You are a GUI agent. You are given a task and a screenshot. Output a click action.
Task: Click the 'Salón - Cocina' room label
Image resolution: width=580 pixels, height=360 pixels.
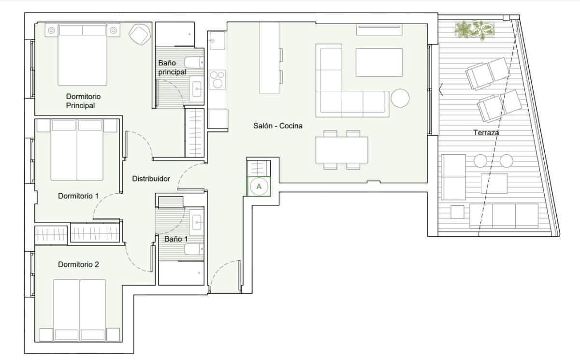point(278,126)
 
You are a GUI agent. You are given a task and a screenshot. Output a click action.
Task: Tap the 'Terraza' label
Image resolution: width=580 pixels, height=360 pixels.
point(486,132)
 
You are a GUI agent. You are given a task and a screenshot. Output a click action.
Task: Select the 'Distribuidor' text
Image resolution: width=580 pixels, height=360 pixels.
point(151,179)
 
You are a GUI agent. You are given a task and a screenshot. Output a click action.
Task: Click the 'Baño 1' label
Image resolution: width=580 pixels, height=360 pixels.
point(176,239)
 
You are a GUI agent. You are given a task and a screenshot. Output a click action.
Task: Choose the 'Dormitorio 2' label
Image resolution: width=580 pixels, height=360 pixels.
point(78,264)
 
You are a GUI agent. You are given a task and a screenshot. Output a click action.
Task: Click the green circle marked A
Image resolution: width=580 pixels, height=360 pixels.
point(259,186)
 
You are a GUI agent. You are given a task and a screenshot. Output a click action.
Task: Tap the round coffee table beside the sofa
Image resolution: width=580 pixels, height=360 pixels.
point(400,98)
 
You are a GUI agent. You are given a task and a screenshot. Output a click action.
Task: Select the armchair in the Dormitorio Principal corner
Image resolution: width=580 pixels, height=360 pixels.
point(139,35)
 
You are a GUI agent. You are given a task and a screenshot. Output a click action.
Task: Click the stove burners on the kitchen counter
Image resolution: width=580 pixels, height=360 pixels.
point(217,79)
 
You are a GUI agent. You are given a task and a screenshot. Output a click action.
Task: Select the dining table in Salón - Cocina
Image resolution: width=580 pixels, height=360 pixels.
point(342,150)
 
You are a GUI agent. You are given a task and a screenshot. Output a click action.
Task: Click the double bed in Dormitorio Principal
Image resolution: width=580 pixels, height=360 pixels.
point(83,55)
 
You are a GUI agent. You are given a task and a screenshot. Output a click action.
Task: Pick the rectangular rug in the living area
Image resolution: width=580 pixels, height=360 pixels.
point(379,62)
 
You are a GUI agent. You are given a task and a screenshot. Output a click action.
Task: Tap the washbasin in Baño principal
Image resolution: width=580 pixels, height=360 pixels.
point(197,88)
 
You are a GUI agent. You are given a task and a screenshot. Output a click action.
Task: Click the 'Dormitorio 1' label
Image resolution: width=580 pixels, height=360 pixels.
point(78,196)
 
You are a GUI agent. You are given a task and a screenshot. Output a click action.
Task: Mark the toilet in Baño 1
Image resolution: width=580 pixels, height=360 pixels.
point(193,249)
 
